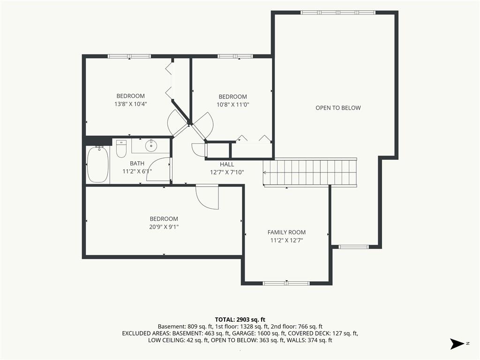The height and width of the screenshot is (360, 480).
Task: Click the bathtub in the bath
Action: [98, 165]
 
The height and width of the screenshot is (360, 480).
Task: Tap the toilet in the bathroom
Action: [121, 149]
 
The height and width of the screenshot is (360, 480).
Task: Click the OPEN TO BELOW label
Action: [338, 108]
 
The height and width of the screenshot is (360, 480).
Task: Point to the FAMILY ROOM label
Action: [286, 232]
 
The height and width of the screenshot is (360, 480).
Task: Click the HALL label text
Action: [227, 165]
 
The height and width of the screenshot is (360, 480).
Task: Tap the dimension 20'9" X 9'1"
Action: [164, 227]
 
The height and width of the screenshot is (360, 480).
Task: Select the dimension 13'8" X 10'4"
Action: [131, 104]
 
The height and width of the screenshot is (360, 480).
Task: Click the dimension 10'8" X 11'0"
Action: [233, 105]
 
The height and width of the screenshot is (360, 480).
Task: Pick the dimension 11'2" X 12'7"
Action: [286, 240]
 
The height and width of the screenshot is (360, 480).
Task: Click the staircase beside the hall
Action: [310, 172]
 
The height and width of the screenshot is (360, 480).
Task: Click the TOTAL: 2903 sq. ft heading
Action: [240, 320]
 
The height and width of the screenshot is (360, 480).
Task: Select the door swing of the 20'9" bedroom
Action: [207, 197]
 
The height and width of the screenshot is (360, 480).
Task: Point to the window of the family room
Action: [286, 283]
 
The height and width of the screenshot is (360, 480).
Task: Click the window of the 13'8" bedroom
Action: [129, 56]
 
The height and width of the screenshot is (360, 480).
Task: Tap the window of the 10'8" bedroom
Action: [235, 56]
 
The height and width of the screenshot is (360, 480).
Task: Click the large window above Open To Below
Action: [338, 13]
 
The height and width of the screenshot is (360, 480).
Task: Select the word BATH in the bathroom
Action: [137, 164]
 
